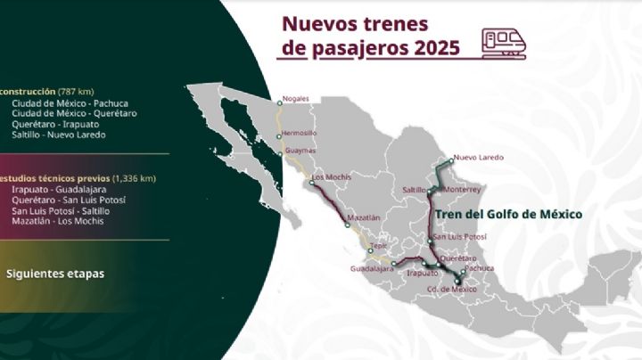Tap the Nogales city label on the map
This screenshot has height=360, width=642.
[x=295, y=98]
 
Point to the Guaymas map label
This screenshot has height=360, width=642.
[x=301, y=153]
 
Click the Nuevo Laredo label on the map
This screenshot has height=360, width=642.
[x=479, y=158]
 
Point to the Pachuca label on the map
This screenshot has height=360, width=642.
[x=479, y=267]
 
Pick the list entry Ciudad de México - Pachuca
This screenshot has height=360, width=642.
[x=70, y=103]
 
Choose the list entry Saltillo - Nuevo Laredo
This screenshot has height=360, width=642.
[x=59, y=135]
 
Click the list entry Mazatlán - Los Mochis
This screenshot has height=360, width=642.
[x=58, y=221]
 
